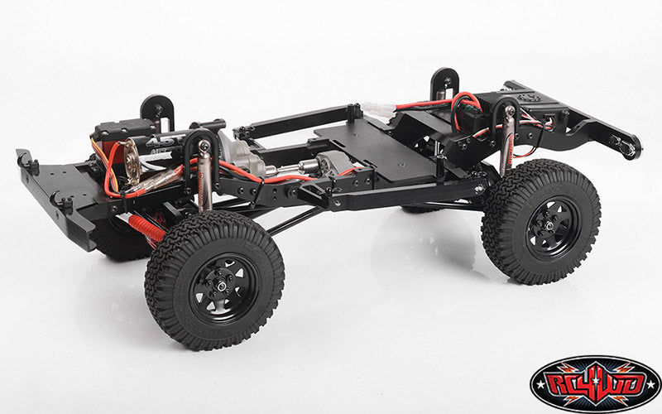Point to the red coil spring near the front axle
(146, 227)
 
